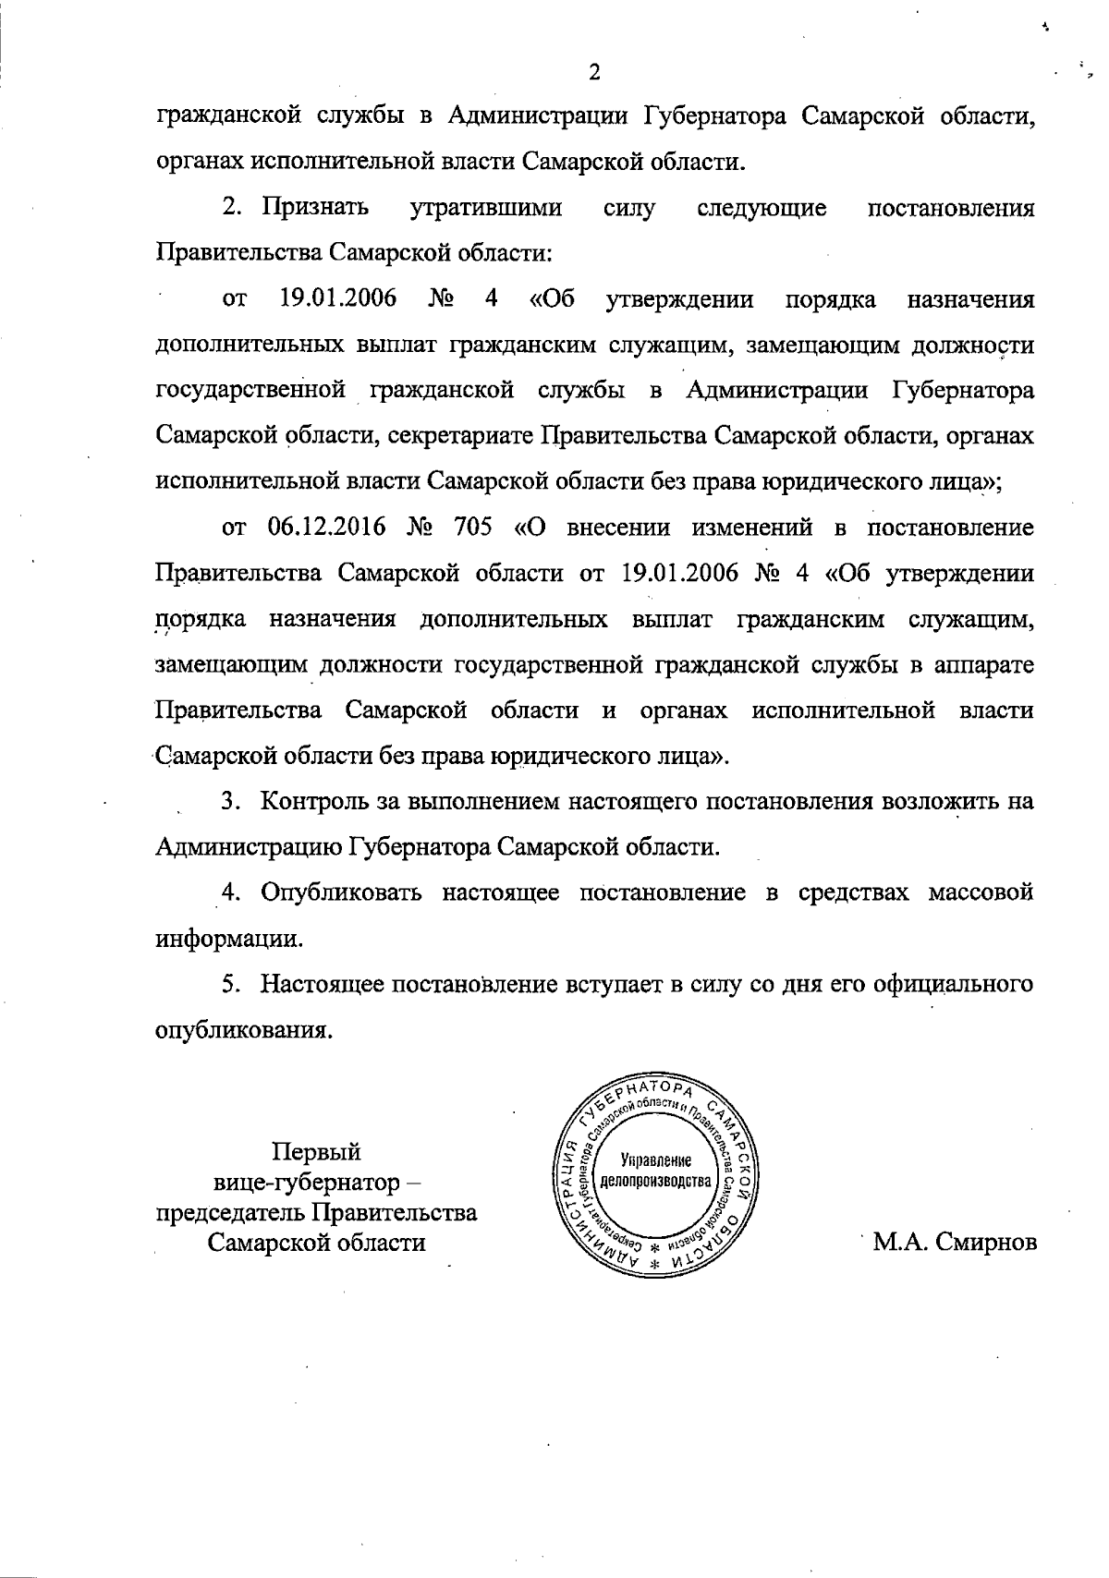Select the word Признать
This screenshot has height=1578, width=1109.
(x=315, y=208)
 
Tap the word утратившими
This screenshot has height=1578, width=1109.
(x=485, y=208)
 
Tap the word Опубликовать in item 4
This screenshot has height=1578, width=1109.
(x=342, y=893)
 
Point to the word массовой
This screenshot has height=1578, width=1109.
(x=981, y=893)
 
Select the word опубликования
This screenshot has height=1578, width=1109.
(x=243, y=1029)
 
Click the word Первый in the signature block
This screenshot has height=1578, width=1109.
(x=315, y=1152)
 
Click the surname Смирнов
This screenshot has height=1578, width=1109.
(x=985, y=1243)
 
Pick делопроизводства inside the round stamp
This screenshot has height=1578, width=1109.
(x=656, y=1182)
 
